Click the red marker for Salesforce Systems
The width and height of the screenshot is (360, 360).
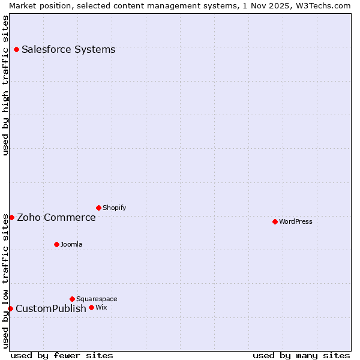16,49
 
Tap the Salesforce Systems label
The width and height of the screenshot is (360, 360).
68,49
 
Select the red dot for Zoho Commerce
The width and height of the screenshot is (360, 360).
11,217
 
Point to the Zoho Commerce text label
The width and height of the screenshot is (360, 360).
56,217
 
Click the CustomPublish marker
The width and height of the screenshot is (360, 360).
10,308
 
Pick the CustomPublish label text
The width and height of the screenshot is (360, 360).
51,308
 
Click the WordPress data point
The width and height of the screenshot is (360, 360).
275,221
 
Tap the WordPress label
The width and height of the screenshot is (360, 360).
296,221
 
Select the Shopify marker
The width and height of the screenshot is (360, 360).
98,208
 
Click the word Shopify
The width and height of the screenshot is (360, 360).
115,208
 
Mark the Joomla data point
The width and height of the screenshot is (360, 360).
56,244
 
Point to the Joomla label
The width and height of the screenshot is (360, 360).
71,244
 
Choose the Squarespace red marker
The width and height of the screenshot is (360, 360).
72,299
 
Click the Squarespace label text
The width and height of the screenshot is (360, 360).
97,299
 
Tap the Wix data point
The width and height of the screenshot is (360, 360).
91,307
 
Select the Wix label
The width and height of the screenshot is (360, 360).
101,307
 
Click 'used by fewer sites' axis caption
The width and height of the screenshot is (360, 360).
62,355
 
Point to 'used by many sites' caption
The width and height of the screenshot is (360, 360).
301,355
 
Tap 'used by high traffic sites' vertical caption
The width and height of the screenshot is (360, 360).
5,85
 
